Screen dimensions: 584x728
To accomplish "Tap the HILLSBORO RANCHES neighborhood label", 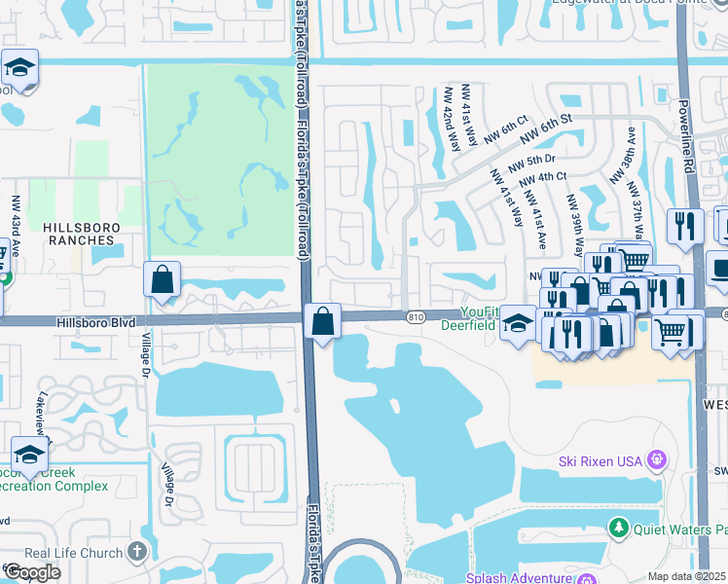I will coord(82,233).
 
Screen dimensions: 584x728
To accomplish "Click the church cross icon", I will coord(136,552).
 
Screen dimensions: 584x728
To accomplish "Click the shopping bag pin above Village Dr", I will coord(162,279).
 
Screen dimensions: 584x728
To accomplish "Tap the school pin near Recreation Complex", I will coord(29,455).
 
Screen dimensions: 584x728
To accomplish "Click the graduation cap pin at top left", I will coord(19,68).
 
